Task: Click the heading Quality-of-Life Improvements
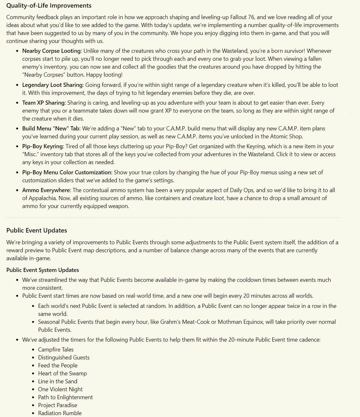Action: (x=49, y=6)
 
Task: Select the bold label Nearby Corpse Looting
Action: (x=52, y=51)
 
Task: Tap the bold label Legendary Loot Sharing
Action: (x=53, y=85)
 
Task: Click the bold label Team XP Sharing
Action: (x=44, y=103)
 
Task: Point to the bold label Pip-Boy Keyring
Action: (x=43, y=146)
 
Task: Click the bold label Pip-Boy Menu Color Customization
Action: (x=67, y=172)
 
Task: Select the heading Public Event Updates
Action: (x=37, y=230)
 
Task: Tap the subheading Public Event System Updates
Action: (x=43, y=270)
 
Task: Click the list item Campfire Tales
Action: (x=56, y=350)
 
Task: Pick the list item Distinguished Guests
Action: (x=64, y=358)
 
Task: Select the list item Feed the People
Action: (x=58, y=365)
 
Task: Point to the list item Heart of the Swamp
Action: (x=62, y=373)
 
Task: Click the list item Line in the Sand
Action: (x=58, y=381)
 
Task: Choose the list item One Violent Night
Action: (x=60, y=389)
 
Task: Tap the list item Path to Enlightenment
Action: (x=65, y=397)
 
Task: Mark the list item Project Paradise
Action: (x=58, y=405)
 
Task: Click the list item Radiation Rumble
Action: (x=60, y=413)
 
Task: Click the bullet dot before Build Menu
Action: (x=17, y=129)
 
